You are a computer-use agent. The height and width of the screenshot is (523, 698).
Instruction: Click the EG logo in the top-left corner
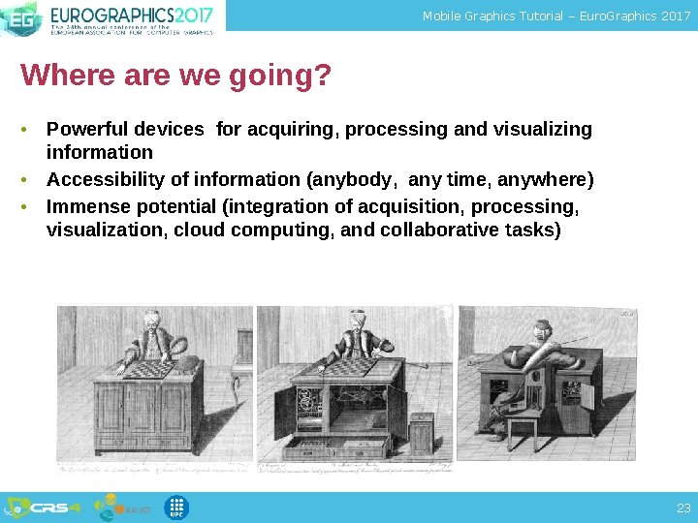(19, 17)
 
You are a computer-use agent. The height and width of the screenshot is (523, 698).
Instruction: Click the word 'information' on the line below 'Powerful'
(99, 153)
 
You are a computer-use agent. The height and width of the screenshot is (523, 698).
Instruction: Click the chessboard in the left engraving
(145, 368)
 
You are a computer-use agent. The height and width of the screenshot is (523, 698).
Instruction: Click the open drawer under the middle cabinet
(335, 446)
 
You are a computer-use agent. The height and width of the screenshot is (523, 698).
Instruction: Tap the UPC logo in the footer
(176, 508)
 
